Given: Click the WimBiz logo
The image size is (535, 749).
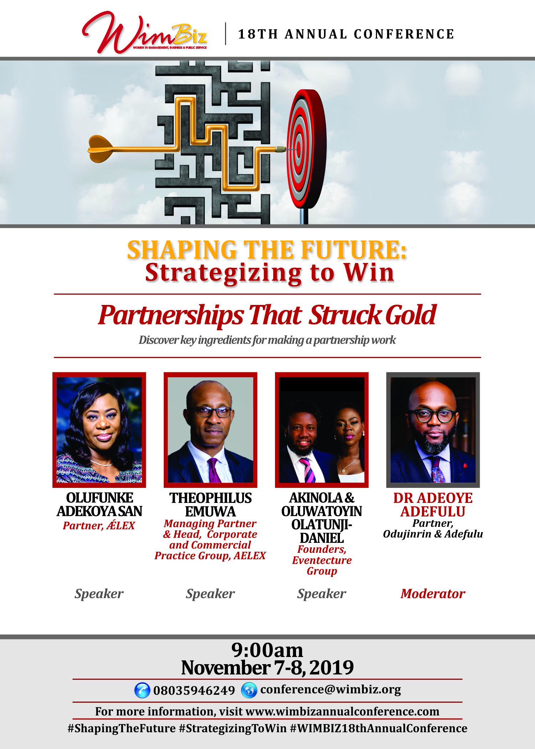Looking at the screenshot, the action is tap(144, 33).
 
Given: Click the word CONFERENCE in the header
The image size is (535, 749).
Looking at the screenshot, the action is tap(404, 34).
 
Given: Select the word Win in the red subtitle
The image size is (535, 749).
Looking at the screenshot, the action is tap(369, 273).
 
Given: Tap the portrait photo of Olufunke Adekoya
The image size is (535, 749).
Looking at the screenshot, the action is tap(99, 430).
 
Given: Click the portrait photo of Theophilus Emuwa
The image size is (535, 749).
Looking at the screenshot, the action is tap(210, 430).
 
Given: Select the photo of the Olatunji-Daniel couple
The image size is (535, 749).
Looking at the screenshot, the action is tap(322, 430).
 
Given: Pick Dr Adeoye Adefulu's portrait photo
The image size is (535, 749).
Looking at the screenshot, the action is tap(433, 430).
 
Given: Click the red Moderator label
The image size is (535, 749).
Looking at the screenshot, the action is tap(433, 594).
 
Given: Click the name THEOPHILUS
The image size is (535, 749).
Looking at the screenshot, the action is tap(210, 498).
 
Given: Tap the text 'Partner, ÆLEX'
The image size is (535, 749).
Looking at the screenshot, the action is tap(99, 525).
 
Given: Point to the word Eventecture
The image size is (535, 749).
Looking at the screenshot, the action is tap(322, 560).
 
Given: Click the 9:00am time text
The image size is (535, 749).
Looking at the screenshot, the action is tap(267, 650).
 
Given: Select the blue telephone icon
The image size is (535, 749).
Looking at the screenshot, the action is tap(142, 690).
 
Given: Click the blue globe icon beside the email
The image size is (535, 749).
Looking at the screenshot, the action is tap(249, 690).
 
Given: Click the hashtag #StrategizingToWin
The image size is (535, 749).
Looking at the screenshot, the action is tap(233, 728).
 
